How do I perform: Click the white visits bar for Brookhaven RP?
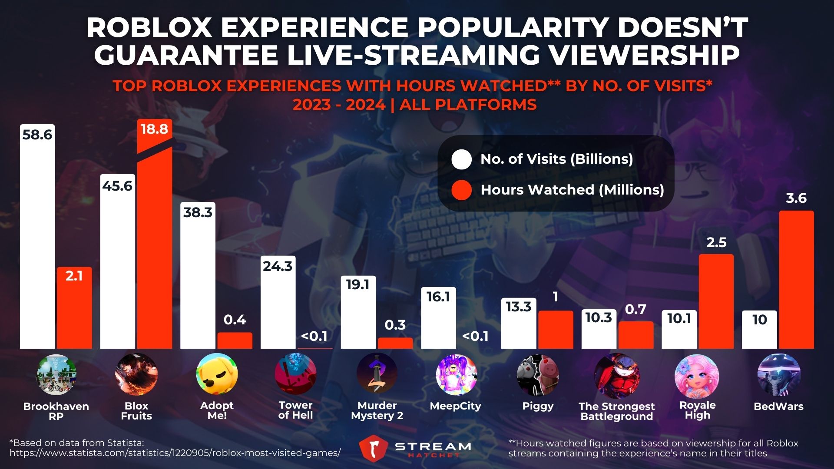pos(37,243)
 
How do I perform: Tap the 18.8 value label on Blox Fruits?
pos(155,129)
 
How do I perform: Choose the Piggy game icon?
pos(538,375)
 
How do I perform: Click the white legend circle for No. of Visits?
pos(461,159)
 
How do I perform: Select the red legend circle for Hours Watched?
pos(461,190)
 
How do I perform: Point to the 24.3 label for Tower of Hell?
pos(278,266)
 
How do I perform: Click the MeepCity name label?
pos(455,406)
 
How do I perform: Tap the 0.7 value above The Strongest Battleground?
pos(635,310)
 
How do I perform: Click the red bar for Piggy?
pos(556,330)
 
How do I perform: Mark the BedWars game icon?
pos(778,375)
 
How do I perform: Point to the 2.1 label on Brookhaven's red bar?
pos(74,276)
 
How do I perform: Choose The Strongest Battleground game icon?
pos(616,376)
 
